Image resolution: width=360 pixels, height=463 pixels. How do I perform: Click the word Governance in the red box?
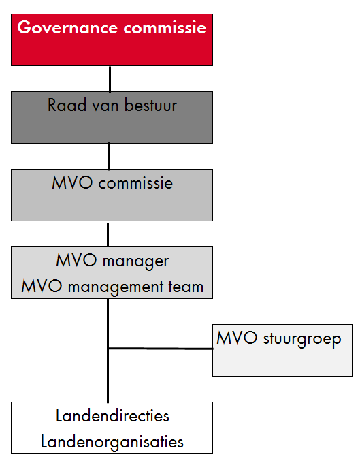pyautogui.click(x=67, y=27)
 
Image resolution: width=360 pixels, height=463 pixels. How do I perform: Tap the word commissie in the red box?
pyautogui.click(x=165, y=28)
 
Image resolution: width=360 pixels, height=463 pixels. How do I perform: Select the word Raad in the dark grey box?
pyautogui.click(x=67, y=105)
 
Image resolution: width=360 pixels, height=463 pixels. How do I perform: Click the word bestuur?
pyautogui.click(x=151, y=105)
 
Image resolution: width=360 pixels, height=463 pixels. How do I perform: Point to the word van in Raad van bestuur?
pyautogui.click(x=105, y=107)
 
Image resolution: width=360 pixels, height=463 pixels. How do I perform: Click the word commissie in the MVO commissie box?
pyautogui.click(x=135, y=183)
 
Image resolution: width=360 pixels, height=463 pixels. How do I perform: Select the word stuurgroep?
pyautogui.click(x=302, y=339)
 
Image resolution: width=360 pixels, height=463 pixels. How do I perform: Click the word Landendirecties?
pyautogui.click(x=112, y=416)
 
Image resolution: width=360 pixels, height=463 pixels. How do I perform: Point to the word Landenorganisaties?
pyautogui.click(x=112, y=442)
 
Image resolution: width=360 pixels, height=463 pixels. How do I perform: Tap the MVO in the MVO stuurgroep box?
pyautogui.click(x=237, y=338)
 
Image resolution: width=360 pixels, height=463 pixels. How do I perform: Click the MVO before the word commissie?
pyautogui.click(x=72, y=182)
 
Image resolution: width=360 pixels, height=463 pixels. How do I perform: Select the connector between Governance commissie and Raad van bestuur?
pyautogui.click(x=110, y=79)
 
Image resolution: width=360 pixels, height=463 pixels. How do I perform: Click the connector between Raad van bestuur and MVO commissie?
pyautogui.click(x=109, y=156)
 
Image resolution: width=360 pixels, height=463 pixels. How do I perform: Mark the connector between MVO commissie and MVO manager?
pyautogui.click(x=108, y=235)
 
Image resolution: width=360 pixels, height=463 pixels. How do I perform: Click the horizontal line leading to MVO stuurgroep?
pyautogui.click(x=161, y=349)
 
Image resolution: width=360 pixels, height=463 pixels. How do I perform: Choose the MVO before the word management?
pyautogui.click(x=42, y=286)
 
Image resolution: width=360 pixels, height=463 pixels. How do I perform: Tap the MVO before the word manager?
pyautogui.click(x=76, y=260)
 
